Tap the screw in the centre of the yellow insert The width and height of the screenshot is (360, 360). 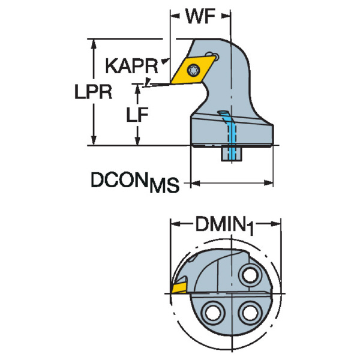tap(193, 70)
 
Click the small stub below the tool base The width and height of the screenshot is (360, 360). tap(231, 154)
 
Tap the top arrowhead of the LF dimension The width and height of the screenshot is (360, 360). tap(139, 89)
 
